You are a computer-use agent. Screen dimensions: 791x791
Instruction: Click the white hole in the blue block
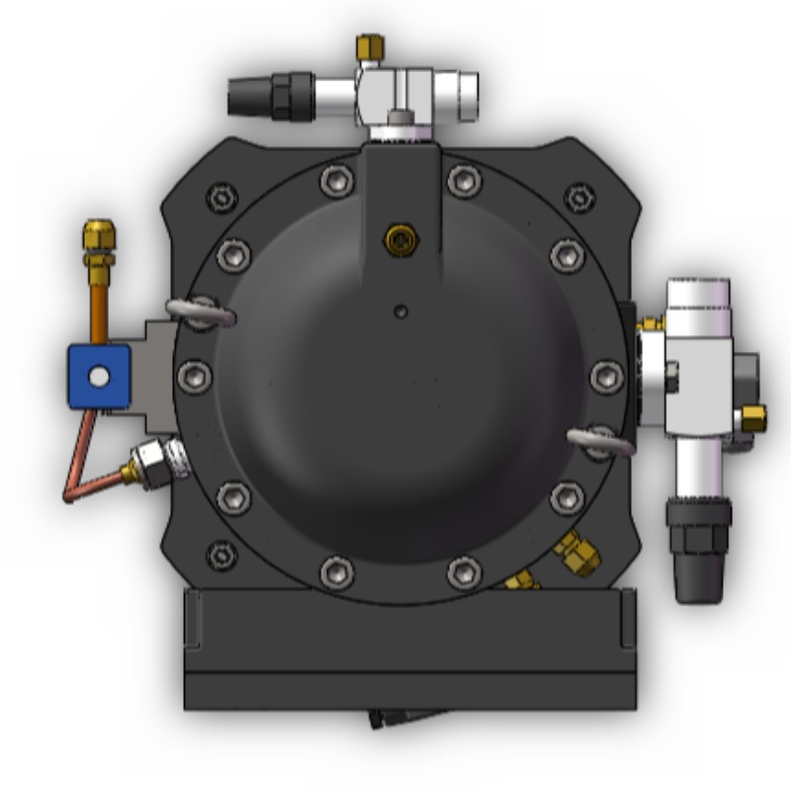coord(99,376)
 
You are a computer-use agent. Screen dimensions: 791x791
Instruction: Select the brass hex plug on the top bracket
coord(399,238)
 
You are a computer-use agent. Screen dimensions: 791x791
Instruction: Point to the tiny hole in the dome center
coord(400,311)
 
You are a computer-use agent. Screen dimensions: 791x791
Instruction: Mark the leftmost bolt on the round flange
coord(195,376)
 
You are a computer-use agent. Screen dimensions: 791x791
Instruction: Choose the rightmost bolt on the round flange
coord(606,377)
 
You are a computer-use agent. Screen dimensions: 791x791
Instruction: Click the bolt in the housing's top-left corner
coord(221,197)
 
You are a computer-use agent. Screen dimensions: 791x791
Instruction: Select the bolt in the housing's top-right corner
coord(579,197)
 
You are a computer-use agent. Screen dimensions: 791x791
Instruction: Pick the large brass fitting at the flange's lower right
coord(577,554)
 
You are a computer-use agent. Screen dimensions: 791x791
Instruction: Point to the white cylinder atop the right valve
coord(697,308)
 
